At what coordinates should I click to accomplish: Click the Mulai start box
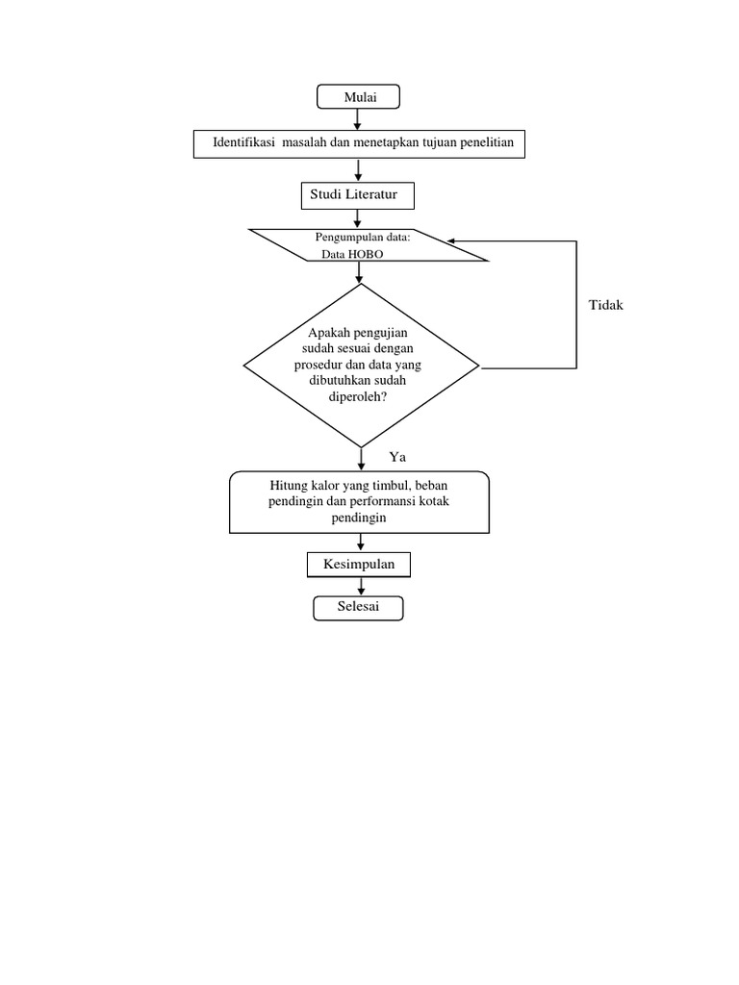pos(358,96)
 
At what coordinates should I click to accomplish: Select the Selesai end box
pos(358,608)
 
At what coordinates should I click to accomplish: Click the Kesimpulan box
pos(358,565)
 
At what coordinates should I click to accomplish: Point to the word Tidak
pos(606,305)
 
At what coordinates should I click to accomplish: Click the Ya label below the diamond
pos(397,457)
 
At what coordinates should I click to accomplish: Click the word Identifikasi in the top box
pos(245,143)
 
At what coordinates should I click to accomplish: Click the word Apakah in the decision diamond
pos(330,332)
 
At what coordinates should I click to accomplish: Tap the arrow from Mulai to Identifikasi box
pos(358,119)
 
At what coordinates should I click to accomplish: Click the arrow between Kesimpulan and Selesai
pos(358,587)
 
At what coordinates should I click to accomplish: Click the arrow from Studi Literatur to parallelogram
pos(358,218)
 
